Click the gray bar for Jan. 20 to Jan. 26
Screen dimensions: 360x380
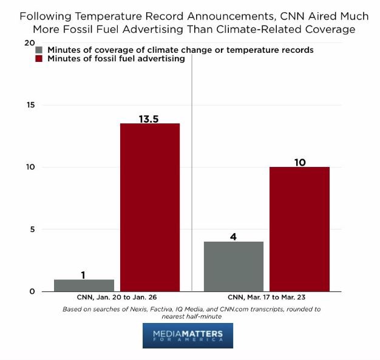click(84, 285)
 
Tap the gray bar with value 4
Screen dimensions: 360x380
click(234, 267)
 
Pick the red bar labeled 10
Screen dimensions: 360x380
click(299, 229)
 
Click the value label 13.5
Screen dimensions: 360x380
click(149, 119)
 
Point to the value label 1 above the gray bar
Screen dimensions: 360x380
click(83, 275)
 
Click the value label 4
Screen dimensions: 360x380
click(233, 237)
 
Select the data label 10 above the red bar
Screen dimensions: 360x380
click(299, 162)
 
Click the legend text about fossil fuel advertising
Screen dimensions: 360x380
click(115, 59)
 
